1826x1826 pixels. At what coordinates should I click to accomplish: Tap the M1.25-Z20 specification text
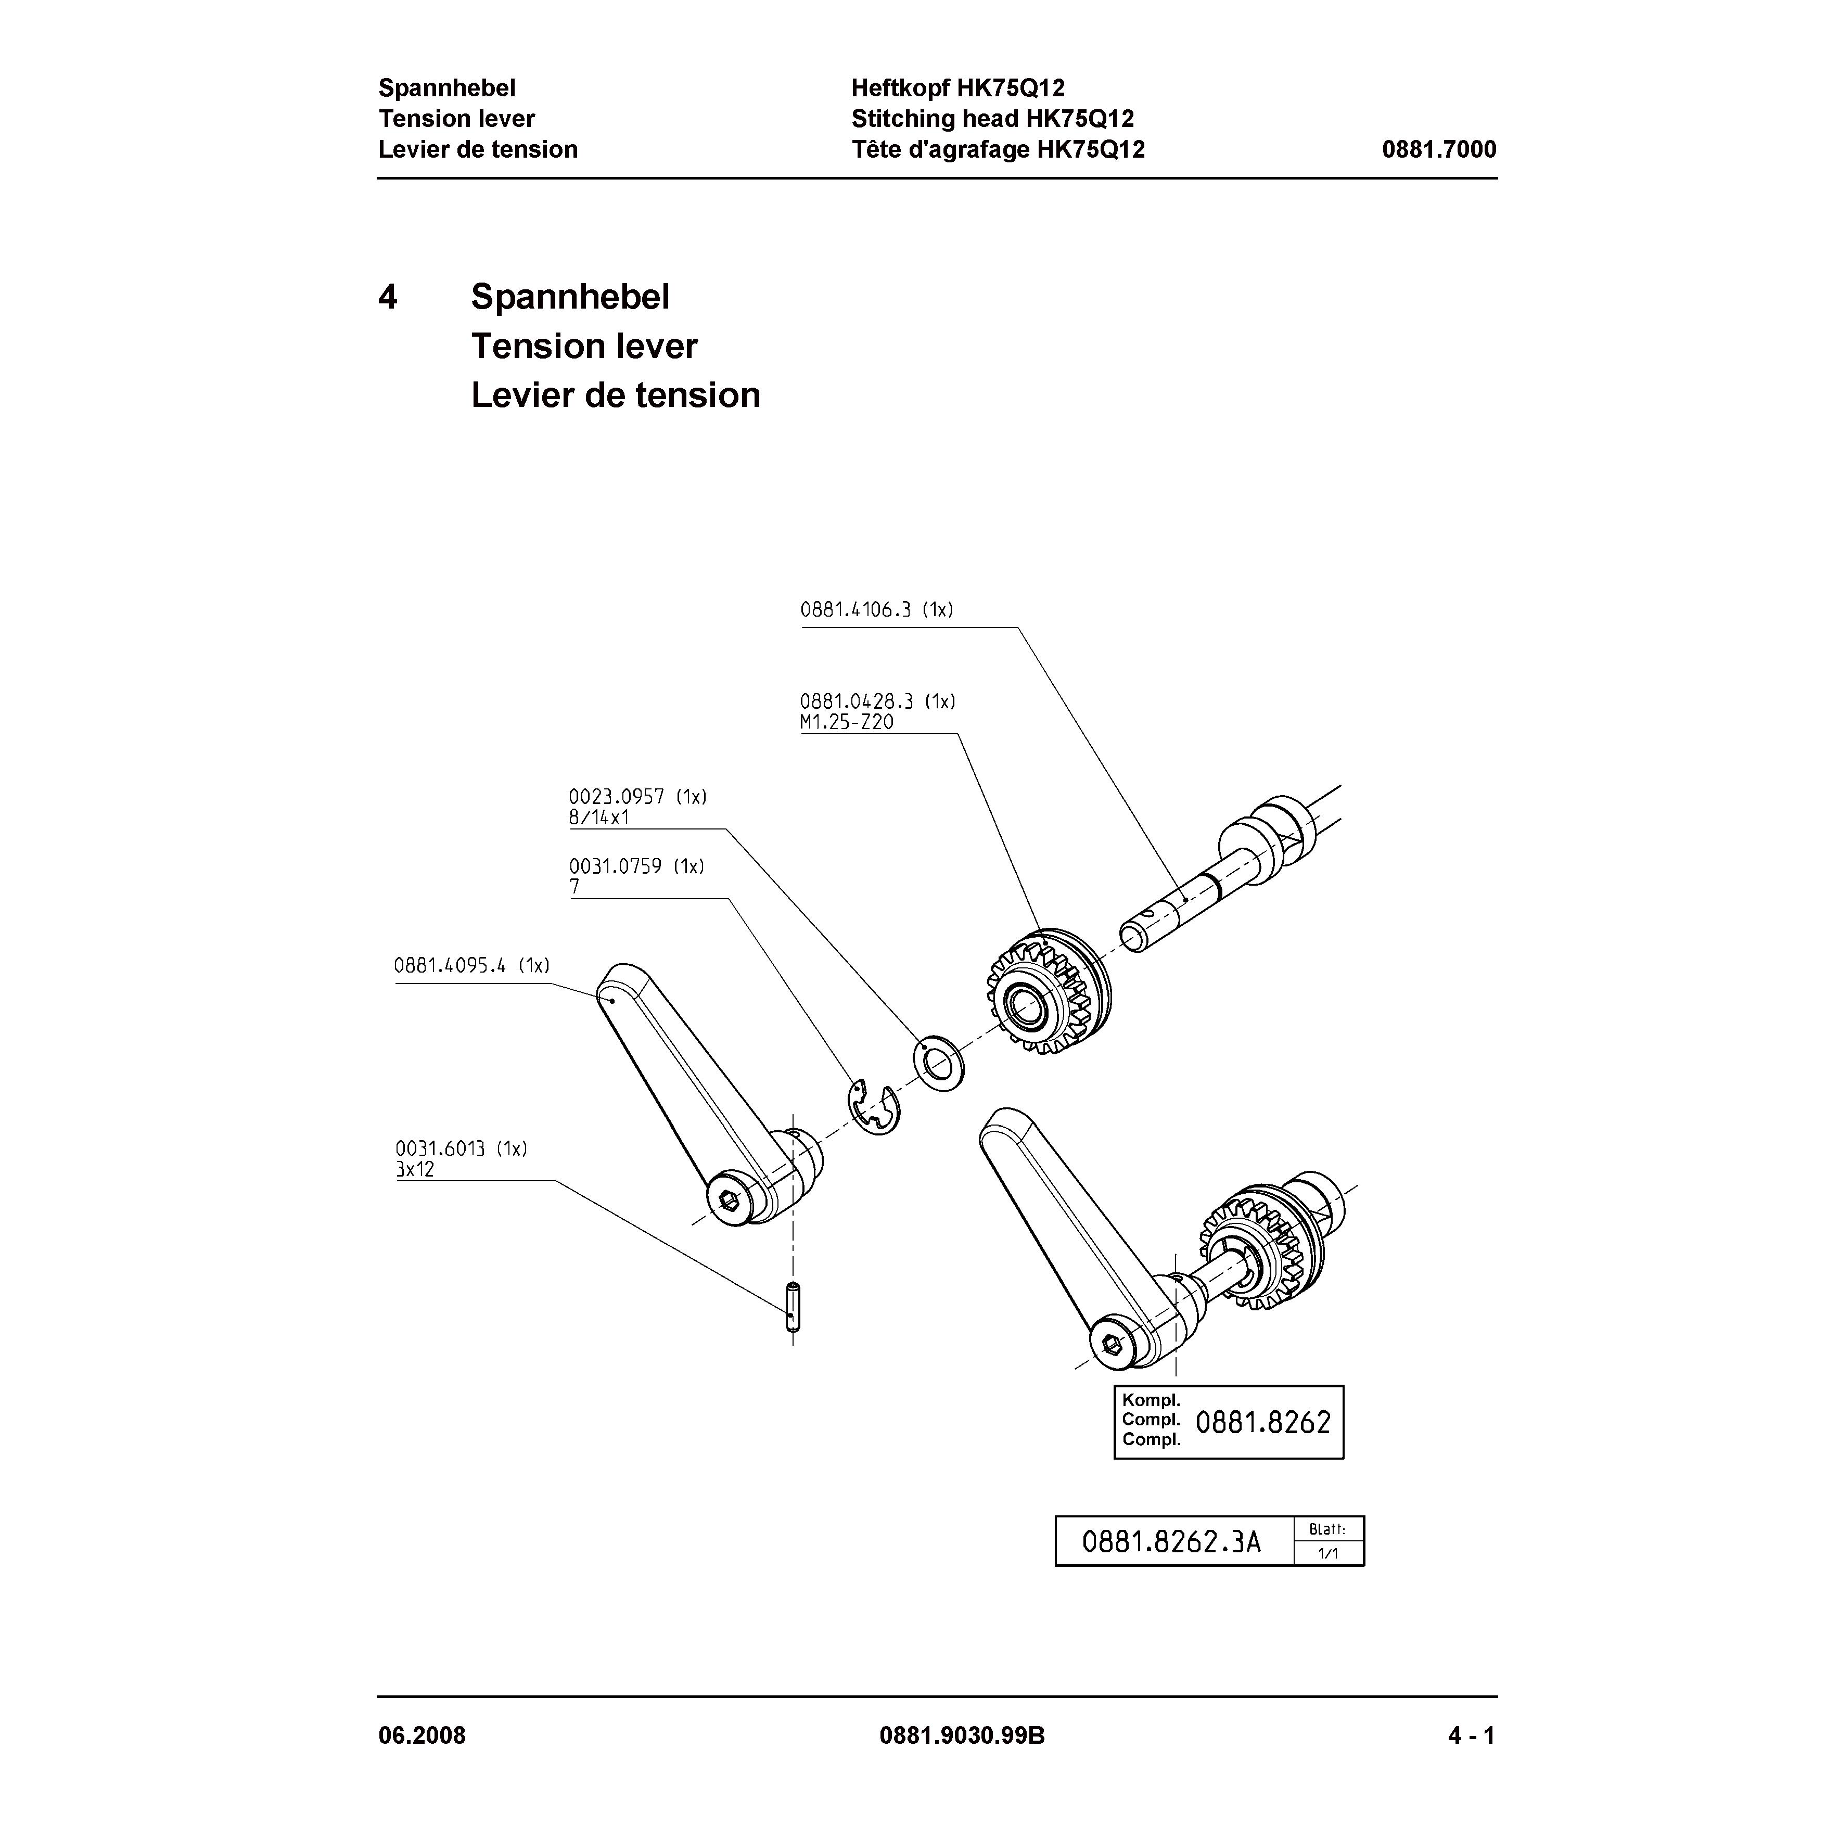846,723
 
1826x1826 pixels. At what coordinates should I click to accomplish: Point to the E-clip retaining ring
872,1106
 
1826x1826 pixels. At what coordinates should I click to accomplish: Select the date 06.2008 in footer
422,1736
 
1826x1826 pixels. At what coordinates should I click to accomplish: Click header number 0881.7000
1438,149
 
